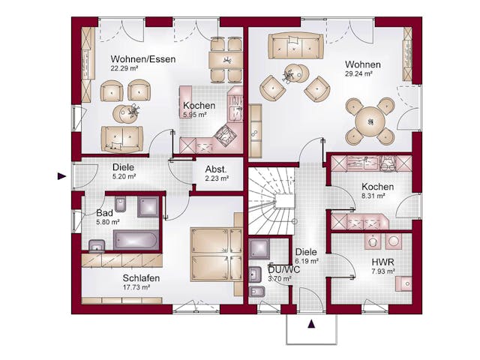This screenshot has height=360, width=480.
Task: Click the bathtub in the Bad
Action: (136, 240)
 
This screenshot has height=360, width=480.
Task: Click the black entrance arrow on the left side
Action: (61, 176)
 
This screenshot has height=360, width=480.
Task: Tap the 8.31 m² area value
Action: (373, 196)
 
